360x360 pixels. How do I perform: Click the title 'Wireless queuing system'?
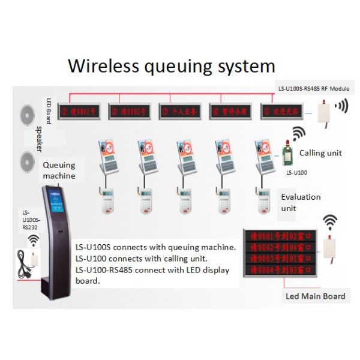pyautogui.click(x=171, y=65)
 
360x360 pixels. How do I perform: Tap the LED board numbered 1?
pyautogui.click(x=82, y=111)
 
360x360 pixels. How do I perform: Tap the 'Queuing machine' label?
pyautogui.click(x=59, y=170)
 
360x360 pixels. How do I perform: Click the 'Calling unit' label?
pyautogui.click(x=320, y=153)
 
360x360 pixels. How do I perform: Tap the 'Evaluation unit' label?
pyautogui.click(x=301, y=202)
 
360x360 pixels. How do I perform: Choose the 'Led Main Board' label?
pyautogui.click(x=315, y=296)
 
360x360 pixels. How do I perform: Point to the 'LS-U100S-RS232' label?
pyautogui.click(x=29, y=220)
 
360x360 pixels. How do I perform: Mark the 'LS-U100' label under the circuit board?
pyautogui.click(x=296, y=173)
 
